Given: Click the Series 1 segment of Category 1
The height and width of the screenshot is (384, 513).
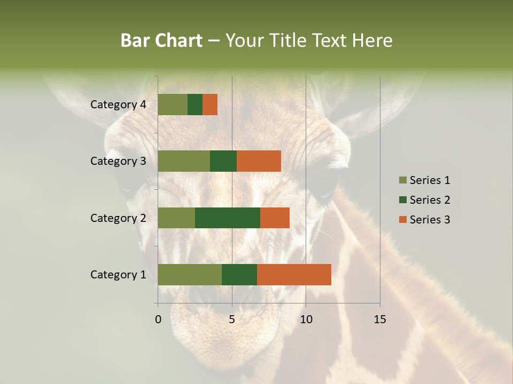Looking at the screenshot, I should (x=190, y=275).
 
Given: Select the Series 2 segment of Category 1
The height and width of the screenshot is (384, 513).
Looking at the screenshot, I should (x=239, y=275).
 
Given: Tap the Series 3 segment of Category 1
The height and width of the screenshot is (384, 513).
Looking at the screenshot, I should (x=294, y=275).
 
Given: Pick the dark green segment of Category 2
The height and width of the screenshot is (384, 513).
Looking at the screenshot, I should (x=228, y=218).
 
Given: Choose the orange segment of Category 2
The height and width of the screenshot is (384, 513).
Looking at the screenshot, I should (x=275, y=218).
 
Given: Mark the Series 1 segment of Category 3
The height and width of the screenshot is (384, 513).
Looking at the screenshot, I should (x=184, y=161).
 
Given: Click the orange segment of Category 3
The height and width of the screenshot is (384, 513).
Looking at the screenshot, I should (x=259, y=161).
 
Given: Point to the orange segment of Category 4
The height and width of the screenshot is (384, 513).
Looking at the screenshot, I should (x=210, y=105).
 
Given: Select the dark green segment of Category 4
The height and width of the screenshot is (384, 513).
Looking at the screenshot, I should (x=195, y=105).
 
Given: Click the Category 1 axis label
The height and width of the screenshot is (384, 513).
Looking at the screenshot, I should (x=118, y=275).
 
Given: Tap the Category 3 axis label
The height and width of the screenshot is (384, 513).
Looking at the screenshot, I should (x=118, y=161).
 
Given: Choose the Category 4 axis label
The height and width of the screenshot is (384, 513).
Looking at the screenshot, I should (x=118, y=105).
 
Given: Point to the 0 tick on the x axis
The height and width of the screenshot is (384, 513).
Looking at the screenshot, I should (x=158, y=319).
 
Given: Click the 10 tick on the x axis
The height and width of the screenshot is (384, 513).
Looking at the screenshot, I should (x=306, y=319).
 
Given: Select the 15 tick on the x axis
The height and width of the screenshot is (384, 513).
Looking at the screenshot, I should (x=379, y=319).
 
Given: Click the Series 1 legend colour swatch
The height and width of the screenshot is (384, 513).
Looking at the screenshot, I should (x=402, y=180).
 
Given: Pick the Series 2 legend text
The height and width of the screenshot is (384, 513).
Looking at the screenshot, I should (x=430, y=200).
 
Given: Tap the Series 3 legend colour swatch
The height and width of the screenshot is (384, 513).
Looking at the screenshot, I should (x=402, y=220).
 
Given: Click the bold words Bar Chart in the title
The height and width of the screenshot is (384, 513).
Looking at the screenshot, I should (x=161, y=41).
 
